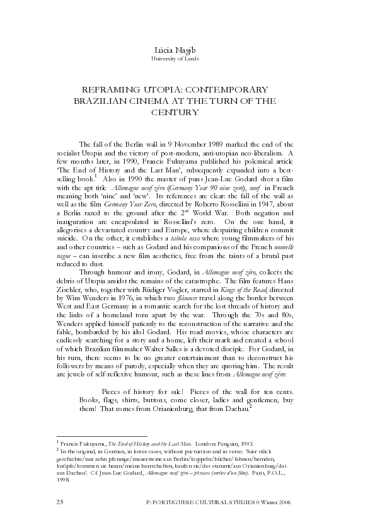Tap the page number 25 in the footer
tap(61, 502)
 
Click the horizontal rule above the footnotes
tap(101, 436)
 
